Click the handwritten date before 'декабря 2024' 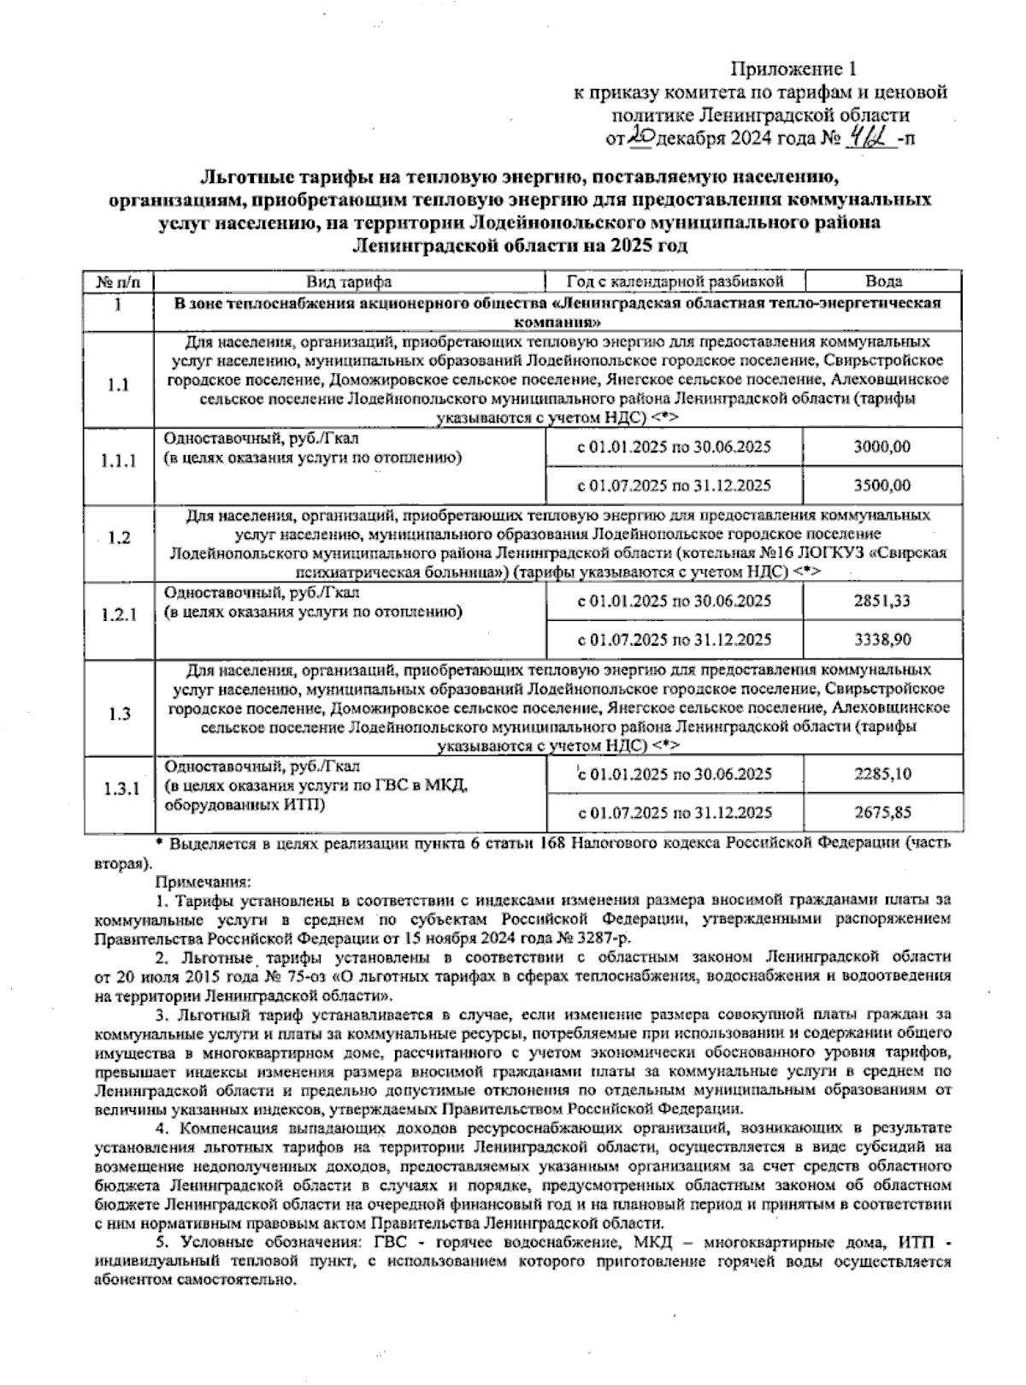(x=639, y=134)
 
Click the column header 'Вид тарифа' (x=350, y=281)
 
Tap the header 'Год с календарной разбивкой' (x=675, y=281)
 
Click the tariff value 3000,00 (x=882, y=447)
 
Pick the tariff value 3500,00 (x=882, y=485)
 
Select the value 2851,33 (x=882, y=601)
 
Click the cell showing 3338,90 (x=882, y=640)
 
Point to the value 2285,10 (x=882, y=774)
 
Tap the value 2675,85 (x=882, y=813)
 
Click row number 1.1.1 (x=119, y=462)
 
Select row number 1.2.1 (x=119, y=616)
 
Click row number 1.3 (x=119, y=714)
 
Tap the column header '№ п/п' (x=119, y=281)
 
